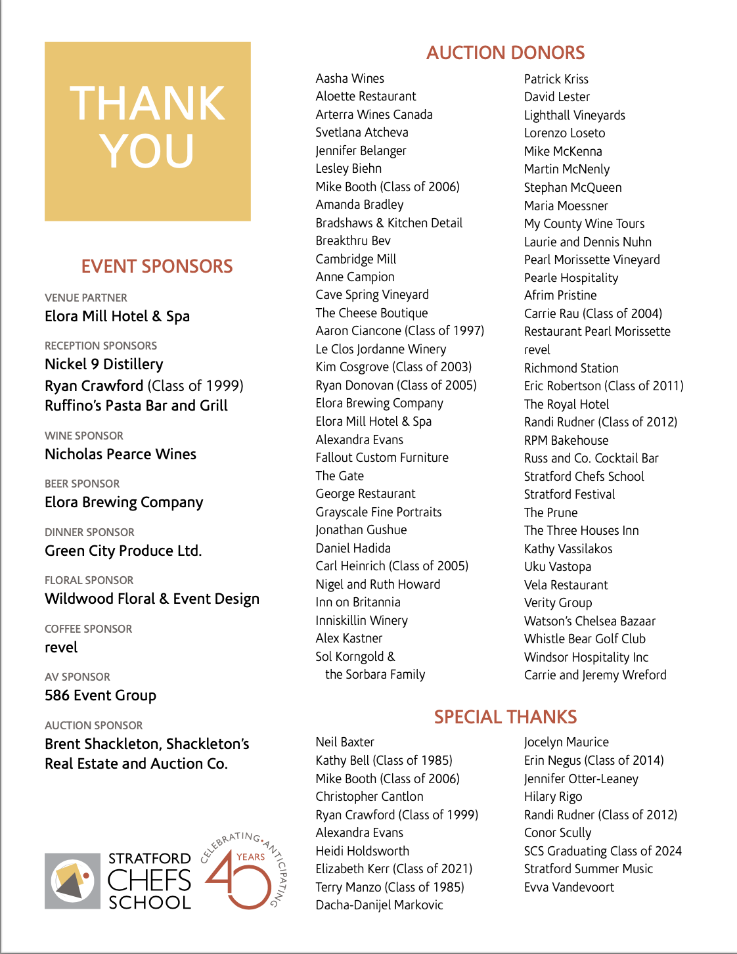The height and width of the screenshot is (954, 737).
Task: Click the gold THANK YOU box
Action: (148, 131)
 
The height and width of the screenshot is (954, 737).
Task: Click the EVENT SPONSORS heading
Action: (157, 266)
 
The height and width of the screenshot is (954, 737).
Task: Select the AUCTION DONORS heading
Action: (505, 53)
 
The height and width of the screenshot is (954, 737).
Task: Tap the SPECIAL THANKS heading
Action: (505, 717)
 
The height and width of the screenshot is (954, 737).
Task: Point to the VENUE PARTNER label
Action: (86, 298)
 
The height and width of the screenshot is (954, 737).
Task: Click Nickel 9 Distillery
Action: (104, 364)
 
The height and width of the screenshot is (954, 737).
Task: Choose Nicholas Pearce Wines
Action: (120, 454)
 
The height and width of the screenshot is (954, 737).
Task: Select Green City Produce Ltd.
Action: (123, 551)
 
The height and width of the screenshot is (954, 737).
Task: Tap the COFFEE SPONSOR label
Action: (88, 629)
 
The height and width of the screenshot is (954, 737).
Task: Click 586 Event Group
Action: (100, 695)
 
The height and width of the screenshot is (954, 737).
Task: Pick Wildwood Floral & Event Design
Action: (152, 599)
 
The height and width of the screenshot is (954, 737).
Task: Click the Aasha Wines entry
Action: (349, 78)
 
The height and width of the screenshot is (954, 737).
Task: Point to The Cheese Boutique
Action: (371, 313)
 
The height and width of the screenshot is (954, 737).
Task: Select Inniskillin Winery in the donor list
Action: (361, 620)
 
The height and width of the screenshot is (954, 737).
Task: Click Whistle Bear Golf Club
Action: (585, 639)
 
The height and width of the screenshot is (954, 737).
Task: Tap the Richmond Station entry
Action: (571, 368)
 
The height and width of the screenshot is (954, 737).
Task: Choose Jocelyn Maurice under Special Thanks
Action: (566, 742)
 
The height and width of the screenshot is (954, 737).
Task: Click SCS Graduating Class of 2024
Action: (602, 851)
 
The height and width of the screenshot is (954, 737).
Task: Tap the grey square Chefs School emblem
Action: (72, 881)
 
